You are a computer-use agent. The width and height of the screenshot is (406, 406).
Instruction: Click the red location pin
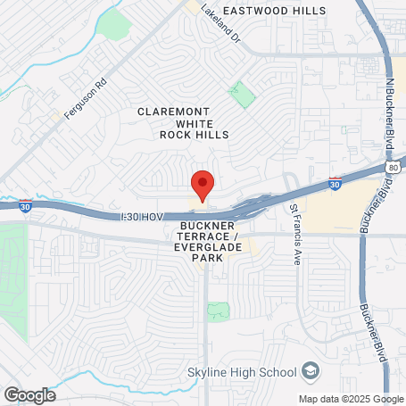[203, 185]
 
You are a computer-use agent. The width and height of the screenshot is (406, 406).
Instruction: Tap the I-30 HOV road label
[144, 217]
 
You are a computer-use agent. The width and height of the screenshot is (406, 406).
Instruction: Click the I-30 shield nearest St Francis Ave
[334, 181]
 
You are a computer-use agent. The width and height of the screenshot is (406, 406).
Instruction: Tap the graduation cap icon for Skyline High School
[310, 370]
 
